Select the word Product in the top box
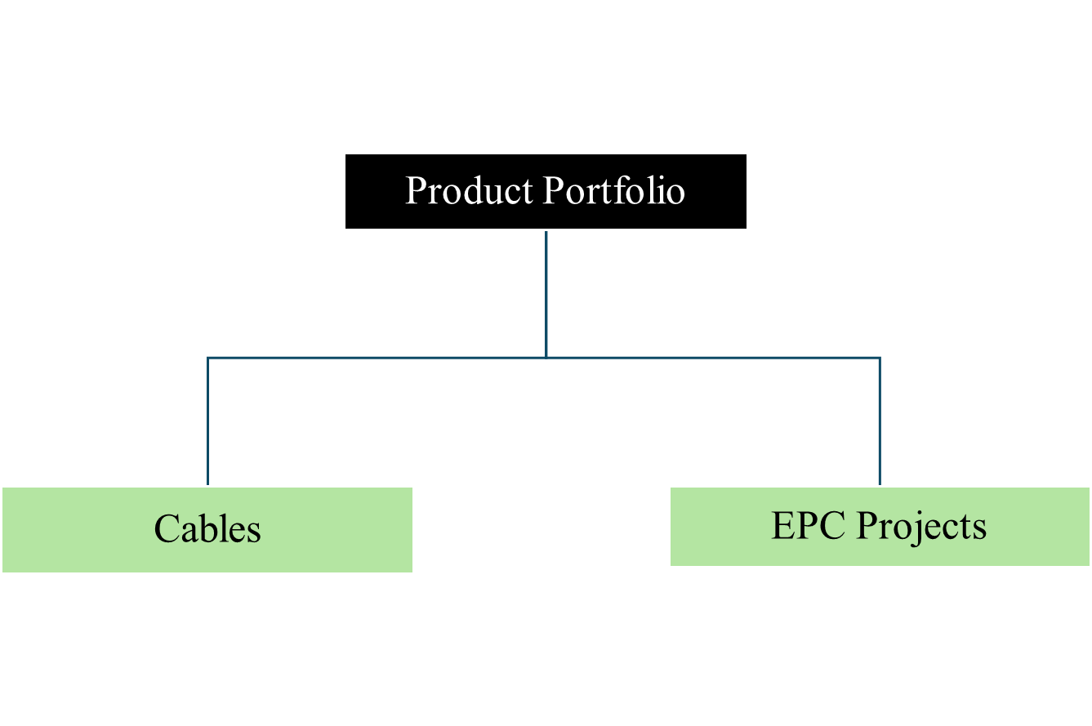point(469,191)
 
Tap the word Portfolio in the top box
point(613,191)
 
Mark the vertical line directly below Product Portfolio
point(546,294)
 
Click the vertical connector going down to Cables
point(208,421)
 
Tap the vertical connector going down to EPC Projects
point(880,421)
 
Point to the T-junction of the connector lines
point(546,358)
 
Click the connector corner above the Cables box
point(208,358)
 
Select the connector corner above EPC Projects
point(880,358)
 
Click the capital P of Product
point(415,191)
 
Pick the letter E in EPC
point(782,526)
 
